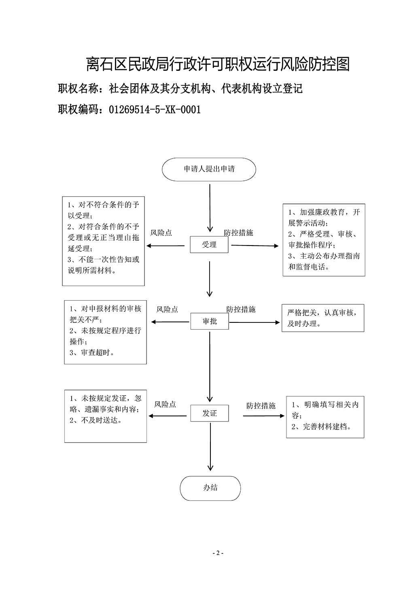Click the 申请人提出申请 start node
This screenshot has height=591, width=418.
click(x=209, y=169)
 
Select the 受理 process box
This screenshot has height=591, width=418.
click(x=209, y=245)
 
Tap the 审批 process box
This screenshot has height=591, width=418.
click(x=210, y=321)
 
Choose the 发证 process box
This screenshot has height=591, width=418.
click(x=210, y=413)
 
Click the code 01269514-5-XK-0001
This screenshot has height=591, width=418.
click(x=155, y=110)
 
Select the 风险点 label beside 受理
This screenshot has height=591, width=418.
click(x=161, y=233)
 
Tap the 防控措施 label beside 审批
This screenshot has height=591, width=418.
click(x=241, y=309)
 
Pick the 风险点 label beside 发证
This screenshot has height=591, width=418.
click(x=165, y=404)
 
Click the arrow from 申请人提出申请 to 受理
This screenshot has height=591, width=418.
click(x=210, y=208)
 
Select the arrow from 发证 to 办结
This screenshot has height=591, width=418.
click(x=210, y=447)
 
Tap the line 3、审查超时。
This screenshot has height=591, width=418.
click(x=92, y=352)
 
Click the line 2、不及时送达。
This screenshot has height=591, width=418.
click(x=96, y=420)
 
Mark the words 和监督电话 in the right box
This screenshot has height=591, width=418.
click(x=306, y=267)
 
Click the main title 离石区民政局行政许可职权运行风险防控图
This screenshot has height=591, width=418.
click(x=218, y=64)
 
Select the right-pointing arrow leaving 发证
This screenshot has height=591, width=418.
click(x=263, y=416)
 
